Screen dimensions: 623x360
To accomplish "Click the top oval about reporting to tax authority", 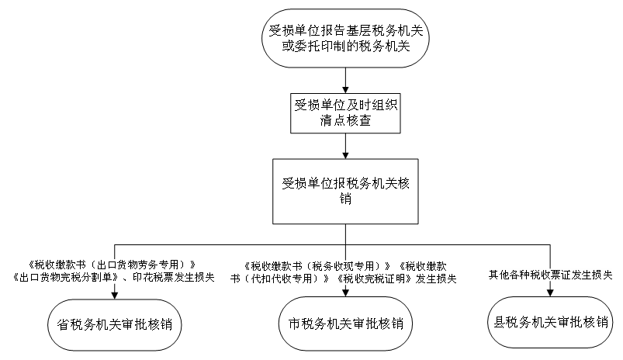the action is (345, 38).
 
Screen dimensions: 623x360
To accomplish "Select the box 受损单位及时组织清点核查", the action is (345, 113).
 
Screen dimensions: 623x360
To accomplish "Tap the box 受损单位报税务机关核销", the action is (345, 191).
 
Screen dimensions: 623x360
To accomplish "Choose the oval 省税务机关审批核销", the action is (115, 324).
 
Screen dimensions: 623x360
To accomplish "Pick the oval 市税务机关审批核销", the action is (345, 324).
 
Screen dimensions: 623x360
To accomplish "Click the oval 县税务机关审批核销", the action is (550, 322).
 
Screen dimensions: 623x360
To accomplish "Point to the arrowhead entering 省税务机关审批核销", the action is (115, 296).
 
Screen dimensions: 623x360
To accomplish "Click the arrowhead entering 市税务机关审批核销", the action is (345, 292).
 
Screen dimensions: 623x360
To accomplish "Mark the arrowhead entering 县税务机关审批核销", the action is (550, 292).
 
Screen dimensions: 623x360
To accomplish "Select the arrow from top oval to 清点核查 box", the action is (345, 81).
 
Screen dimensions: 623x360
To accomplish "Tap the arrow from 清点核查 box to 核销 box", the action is (345, 146).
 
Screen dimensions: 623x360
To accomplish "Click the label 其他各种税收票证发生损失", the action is (550, 275).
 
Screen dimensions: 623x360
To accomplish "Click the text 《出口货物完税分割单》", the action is (65, 277).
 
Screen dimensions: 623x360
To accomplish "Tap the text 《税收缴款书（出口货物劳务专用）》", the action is (112, 265).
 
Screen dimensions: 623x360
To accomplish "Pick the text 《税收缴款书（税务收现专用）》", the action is (317, 266).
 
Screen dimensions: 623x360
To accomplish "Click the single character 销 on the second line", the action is (345, 199).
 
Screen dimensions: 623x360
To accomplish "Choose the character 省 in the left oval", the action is (64, 324).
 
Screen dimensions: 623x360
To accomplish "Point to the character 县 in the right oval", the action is (500, 322).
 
